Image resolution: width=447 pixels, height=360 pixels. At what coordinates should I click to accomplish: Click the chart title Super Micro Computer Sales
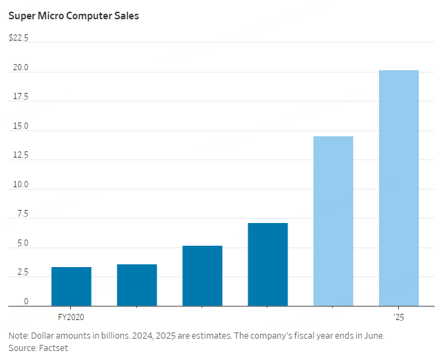73,16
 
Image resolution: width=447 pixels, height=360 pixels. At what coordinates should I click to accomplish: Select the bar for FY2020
71,286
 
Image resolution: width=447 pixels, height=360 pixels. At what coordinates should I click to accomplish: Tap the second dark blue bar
137,285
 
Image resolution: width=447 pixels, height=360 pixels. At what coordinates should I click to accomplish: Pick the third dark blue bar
202,275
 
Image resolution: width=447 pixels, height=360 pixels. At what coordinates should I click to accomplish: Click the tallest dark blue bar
268,264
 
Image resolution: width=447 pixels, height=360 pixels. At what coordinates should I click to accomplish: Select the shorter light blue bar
333,221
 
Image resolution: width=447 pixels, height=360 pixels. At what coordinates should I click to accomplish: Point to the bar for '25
399,188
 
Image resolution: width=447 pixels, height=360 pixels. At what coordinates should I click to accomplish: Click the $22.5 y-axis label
19,38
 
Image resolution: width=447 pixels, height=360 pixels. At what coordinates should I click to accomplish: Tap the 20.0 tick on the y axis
20,68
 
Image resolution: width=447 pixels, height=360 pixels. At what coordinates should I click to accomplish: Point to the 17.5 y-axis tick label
20,97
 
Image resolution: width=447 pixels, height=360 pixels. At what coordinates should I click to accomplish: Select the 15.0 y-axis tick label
20,127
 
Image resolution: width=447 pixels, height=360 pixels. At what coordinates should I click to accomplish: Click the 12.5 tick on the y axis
20,156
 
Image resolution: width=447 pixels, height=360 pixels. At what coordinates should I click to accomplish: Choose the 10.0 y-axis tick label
20,184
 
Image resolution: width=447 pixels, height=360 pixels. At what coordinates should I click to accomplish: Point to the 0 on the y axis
25,301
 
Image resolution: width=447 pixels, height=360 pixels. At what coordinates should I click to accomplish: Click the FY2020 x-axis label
71,317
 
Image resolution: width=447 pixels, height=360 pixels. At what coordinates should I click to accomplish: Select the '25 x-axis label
399,317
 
